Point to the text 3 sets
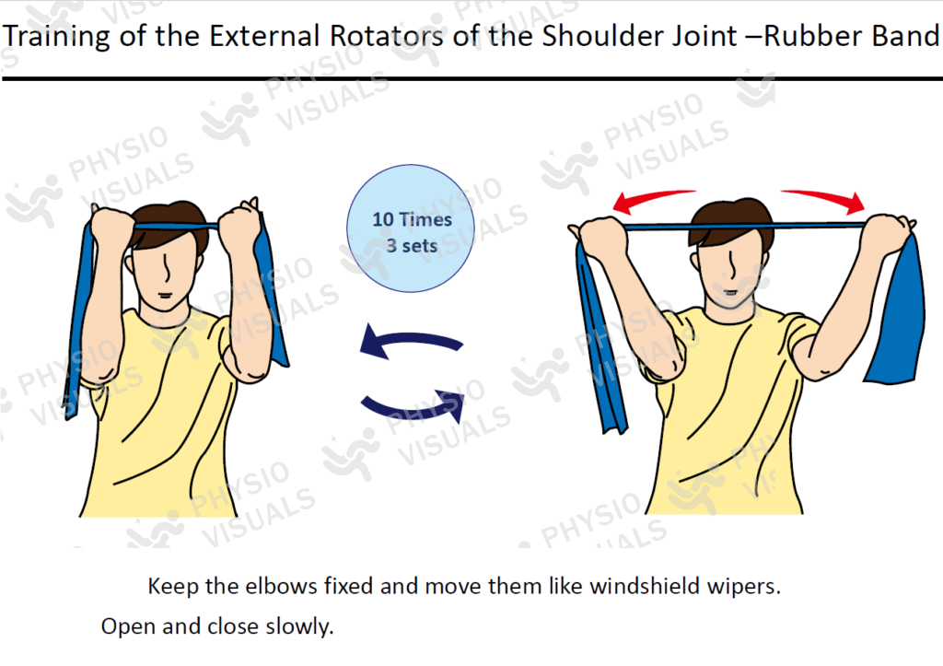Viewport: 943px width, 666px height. coord(412,246)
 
